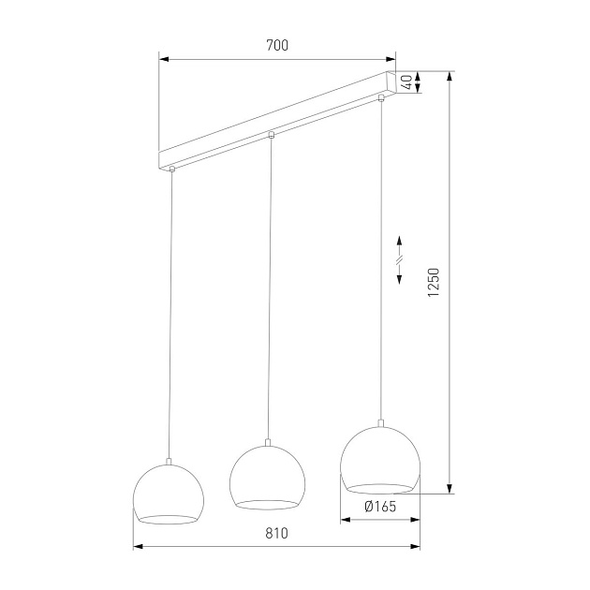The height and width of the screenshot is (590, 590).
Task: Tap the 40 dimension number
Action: [406, 81]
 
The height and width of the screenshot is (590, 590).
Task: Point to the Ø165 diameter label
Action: [378, 507]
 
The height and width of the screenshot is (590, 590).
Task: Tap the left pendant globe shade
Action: [168, 493]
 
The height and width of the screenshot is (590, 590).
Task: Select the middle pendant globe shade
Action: [267, 478]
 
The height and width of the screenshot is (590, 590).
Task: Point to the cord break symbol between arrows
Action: [399, 259]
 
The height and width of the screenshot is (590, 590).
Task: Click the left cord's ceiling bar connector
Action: [172, 170]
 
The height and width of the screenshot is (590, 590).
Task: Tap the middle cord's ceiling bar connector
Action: [271, 136]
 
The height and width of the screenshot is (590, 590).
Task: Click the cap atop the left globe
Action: [168, 460]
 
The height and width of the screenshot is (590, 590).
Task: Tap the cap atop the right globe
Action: [380, 422]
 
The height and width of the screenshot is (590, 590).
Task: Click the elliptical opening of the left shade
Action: [168, 518]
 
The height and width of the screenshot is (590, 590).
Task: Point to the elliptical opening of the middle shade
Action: [267, 504]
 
